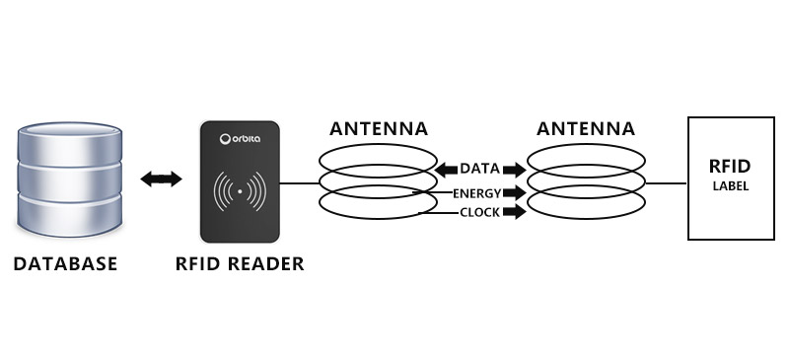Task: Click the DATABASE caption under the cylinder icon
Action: click(x=65, y=263)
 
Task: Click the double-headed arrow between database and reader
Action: click(x=161, y=179)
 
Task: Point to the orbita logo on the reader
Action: click(x=241, y=139)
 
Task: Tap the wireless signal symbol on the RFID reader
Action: click(x=241, y=189)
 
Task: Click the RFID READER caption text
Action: click(x=240, y=263)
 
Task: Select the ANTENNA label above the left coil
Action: click(x=379, y=129)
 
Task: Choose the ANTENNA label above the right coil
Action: click(x=586, y=129)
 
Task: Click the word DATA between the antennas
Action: click(x=479, y=170)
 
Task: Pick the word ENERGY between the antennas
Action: click(x=477, y=192)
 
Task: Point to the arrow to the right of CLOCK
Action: click(x=515, y=212)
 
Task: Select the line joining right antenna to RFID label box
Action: click(x=666, y=183)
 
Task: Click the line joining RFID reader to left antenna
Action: click(x=299, y=183)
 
